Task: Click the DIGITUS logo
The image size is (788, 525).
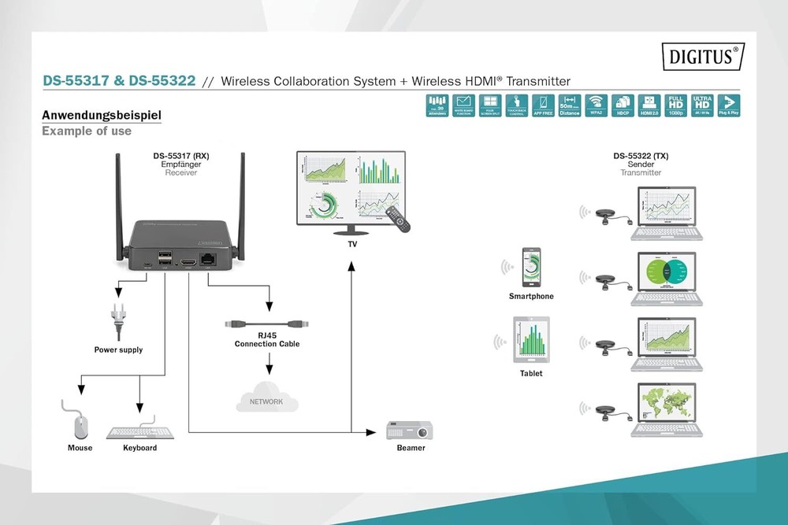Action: (704, 57)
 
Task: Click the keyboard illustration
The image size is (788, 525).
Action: (140, 431)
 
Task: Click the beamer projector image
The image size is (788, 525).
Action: (410, 431)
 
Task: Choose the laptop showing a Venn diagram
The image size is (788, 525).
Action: (668, 275)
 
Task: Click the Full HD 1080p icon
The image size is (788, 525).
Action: (675, 105)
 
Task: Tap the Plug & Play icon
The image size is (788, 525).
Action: (729, 105)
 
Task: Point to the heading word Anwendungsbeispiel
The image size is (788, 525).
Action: (102, 116)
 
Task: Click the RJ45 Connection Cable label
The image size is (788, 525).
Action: (267, 339)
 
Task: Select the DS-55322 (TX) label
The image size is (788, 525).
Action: (641, 156)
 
